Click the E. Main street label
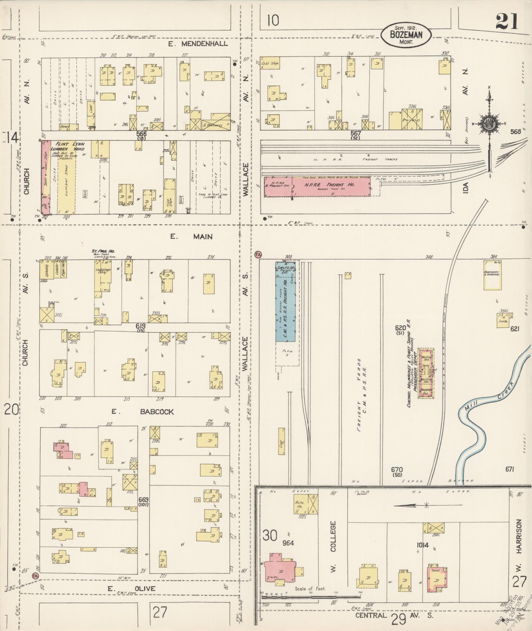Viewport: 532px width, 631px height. coord(191,237)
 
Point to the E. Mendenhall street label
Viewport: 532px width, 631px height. coord(198,44)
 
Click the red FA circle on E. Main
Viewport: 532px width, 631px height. coord(258,254)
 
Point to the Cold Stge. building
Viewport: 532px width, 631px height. coord(270,63)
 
